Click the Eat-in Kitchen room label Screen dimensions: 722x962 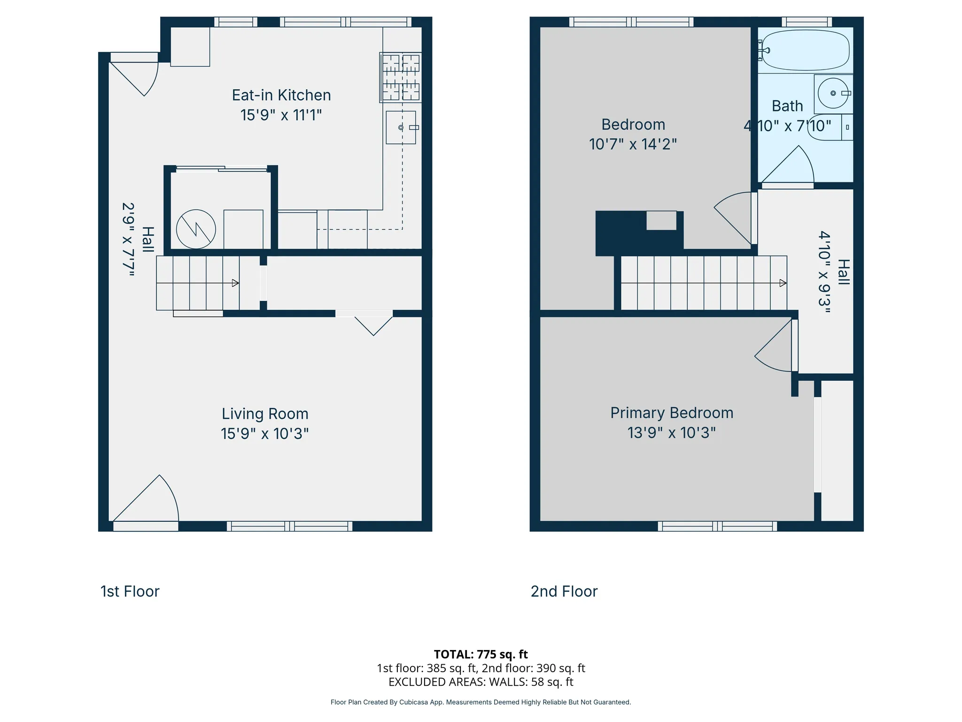click(281, 95)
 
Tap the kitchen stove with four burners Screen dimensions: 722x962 click(401, 77)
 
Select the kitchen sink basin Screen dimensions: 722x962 click(401, 127)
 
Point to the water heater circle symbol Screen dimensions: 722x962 click(196, 229)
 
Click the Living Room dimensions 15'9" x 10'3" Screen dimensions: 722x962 click(264, 433)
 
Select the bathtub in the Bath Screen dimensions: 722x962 click(805, 50)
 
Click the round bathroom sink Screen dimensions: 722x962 click(833, 93)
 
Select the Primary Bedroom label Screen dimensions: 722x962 click(672, 413)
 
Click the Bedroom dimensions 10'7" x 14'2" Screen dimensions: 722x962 click(633, 144)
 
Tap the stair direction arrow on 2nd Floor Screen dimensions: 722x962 click(783, 283)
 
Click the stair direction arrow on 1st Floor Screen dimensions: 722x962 click(235, 283)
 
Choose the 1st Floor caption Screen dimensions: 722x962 click(130, 591)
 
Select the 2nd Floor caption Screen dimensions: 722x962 click(564, 591)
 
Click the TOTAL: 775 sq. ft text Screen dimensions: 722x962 click(481, 654)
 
